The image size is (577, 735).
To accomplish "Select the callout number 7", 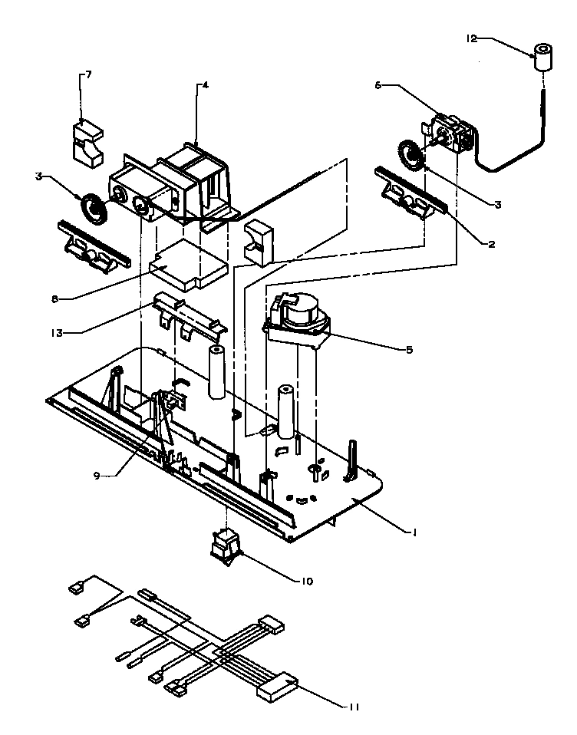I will (x=88, y=74).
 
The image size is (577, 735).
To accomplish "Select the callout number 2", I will (x=490, y=245).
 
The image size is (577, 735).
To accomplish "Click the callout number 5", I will (x=409, y=349).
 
